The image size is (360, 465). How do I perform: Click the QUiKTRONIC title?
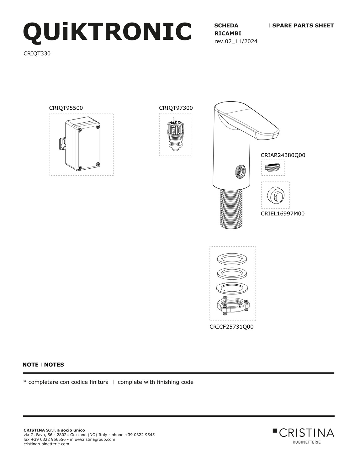107,32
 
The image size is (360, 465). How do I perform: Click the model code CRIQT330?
37,53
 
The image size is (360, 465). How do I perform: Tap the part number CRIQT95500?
66,108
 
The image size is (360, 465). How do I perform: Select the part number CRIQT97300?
176,108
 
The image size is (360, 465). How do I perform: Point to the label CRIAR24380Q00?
283,155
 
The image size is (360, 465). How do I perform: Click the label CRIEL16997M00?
283,214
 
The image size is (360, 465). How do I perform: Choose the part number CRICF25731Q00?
231,327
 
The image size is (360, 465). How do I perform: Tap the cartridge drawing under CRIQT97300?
175,135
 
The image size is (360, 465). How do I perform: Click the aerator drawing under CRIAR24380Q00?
273,167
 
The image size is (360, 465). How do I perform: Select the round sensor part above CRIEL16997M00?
275,195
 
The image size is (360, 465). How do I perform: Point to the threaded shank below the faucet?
231,207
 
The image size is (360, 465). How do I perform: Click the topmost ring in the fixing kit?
232,259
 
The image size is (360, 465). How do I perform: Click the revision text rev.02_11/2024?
236,41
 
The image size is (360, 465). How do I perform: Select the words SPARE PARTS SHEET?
303,26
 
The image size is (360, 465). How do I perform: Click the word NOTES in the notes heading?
54,365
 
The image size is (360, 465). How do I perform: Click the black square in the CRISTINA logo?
275,431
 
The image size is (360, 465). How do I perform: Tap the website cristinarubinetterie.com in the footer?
46,444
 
